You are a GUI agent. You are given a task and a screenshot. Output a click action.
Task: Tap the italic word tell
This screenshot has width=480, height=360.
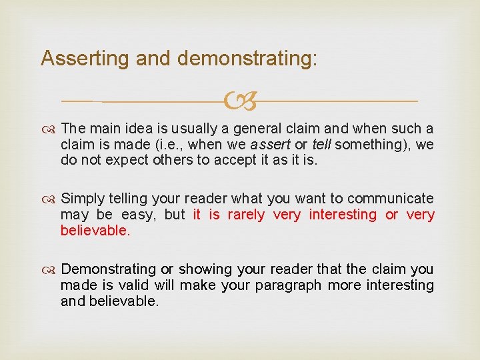coord(321,145)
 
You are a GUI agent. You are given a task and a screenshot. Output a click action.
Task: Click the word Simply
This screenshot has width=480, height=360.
coord(82,199)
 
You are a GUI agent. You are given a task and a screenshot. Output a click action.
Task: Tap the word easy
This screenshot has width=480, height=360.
coord(139,215)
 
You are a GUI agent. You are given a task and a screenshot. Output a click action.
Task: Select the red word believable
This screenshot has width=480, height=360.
coord(95,231)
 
